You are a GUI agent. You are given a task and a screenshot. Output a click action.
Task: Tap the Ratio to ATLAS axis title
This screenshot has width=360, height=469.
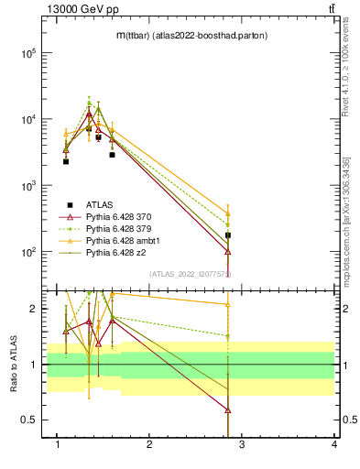coord(16,365)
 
